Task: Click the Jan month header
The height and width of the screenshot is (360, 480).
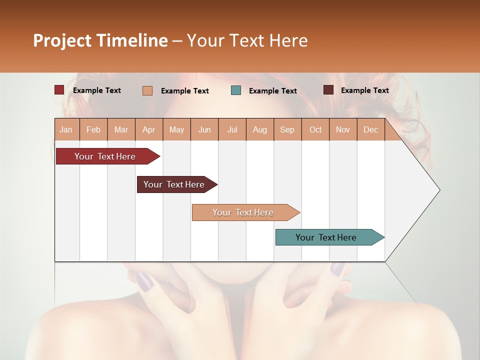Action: click(66, 130)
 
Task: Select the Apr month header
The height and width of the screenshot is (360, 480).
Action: click(149, 130)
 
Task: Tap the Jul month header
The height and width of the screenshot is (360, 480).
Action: click(232, 130)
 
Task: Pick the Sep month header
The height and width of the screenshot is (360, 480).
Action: click(287, 130)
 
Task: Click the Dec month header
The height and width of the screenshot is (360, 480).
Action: click(370, 130)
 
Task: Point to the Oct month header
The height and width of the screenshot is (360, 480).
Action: click(315, 130)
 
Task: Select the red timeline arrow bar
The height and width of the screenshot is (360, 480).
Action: click(105, 156)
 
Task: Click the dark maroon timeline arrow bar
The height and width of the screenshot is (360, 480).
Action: click(174, 184)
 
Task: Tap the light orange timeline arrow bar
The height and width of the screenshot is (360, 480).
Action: click(243, 212)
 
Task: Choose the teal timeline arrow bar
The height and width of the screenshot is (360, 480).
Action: click(326, 237)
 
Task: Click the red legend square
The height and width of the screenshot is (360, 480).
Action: click(59, 90)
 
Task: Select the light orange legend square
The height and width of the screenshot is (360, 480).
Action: click(147, 90)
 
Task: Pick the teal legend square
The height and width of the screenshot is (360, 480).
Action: click(236, 90)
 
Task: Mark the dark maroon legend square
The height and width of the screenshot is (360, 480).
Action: click(328, 90)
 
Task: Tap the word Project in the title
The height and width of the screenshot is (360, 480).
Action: click(61, 40)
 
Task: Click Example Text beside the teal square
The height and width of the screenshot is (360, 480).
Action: click(272, 91)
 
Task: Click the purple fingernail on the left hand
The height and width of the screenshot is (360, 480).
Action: click(145, 281)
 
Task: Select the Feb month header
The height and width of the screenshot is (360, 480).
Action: click(93, 130)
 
